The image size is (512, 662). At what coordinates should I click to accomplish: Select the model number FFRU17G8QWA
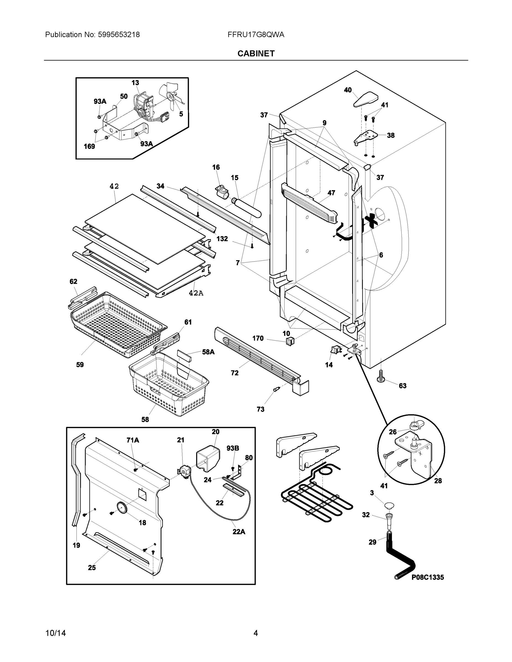click(256, 34)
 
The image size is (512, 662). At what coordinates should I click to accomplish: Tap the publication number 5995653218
click(119, 34)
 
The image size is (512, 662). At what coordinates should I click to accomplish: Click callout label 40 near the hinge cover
click(347, 90)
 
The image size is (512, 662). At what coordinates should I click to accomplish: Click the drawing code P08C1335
click(427, 577)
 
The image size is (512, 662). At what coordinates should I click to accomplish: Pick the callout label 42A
click(196, 293)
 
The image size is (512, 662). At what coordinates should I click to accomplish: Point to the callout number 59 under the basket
click(80, 365)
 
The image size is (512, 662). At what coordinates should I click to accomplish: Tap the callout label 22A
click(239, 531)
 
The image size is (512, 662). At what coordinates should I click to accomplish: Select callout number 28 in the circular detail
click(438, 481)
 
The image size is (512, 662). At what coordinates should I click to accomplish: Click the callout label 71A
click(132, 440)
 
